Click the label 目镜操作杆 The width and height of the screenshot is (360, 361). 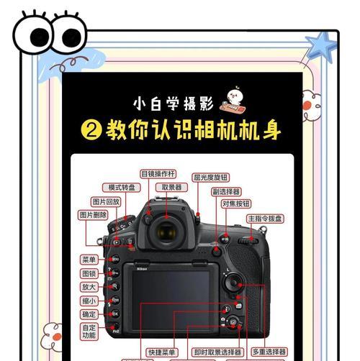coord(158,173)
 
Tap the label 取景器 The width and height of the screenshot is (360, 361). coord(171,187)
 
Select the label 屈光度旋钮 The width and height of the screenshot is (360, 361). coord(210,177)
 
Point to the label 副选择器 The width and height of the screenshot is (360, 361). coord(226,192)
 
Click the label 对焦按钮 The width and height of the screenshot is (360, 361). coord(236,204)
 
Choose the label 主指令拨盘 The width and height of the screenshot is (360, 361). coord(265,218)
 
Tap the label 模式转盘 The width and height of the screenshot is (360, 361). coord(116,187)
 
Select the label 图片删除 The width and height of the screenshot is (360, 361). coord(93,215)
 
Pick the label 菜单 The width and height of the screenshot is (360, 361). coord(89,259)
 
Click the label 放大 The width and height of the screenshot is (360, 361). coord(89,286)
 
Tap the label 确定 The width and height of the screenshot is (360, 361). coord(89,314)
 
